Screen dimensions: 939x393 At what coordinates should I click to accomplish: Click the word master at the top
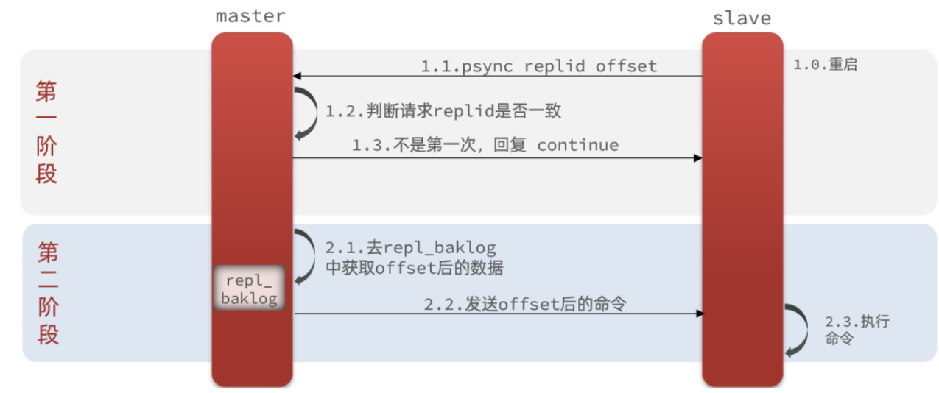pyautogui.click(x=250, y=16)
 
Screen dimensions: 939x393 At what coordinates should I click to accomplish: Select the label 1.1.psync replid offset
pyautogui.click(x=538, y=66)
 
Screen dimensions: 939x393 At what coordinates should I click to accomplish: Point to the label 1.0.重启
pyautogui.click(x=824, y=65)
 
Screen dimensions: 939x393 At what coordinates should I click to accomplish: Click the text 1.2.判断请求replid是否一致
pyautogui.click(x=443, y=111)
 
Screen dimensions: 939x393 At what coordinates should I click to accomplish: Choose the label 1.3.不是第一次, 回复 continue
pyautogui.click(x=485, y=145)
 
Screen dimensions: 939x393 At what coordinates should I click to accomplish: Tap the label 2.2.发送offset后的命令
pyautogui.click(x=524, y=303)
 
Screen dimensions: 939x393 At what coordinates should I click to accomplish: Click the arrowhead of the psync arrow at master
pyautogui.click(x=297, y=76)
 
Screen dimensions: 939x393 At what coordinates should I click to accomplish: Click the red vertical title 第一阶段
pyautogui.click(x=46, y=132)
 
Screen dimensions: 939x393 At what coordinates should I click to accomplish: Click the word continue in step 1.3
pyautogui.click(x=577, y=145)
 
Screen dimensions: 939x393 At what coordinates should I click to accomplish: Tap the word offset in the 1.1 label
pyautogui.click(x=626, y=66)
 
